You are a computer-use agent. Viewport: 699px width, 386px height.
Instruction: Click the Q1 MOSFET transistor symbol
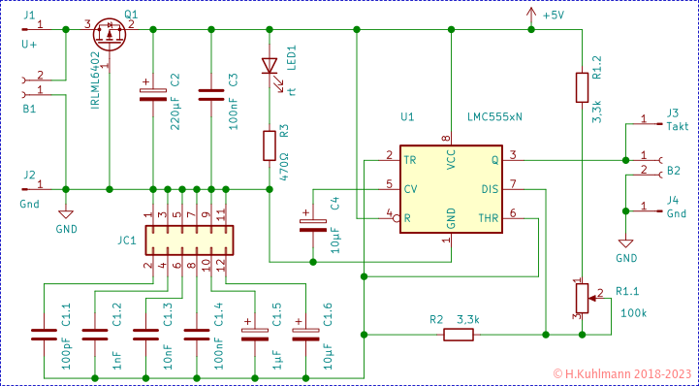109,34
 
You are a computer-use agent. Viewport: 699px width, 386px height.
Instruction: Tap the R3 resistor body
270,145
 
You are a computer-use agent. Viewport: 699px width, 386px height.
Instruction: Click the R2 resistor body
458,336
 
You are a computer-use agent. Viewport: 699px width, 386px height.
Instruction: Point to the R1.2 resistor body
580,87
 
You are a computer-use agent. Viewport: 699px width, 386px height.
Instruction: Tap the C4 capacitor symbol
312,225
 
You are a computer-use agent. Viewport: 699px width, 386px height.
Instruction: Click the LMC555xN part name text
495,116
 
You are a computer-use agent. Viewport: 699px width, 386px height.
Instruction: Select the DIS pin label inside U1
489,188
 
